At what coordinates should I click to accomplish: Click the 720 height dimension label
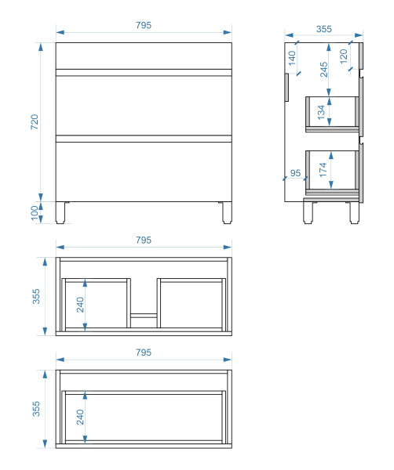tap(35, 121)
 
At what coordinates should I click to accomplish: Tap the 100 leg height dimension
tap(35, 212)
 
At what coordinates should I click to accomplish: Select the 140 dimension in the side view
tap(292, 58)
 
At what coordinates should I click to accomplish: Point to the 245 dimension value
tap(323, 70)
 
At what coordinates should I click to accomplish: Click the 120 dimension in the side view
tap(344, 56)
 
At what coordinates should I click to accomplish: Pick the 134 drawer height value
tap(321, 112)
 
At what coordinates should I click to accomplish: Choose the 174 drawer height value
tap(323, 170)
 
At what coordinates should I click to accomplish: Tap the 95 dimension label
tap(295, 173)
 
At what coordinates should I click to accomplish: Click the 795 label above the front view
tap(144, 25)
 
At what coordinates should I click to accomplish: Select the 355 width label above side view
tap(324, 29)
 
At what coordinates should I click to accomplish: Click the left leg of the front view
tap(60, 212)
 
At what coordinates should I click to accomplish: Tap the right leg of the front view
tap(227, 212)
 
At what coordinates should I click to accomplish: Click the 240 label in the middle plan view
tap(80, 305)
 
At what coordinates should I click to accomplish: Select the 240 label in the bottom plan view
tap(80, 417)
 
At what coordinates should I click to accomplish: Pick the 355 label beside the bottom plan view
tap(36, 409)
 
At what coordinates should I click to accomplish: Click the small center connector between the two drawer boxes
tap(144, 316)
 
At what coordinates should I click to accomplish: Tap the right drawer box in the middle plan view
tap(192, 303)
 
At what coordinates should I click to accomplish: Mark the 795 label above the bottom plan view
tap(144, 352)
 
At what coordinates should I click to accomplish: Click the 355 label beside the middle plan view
tap(36, 296)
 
